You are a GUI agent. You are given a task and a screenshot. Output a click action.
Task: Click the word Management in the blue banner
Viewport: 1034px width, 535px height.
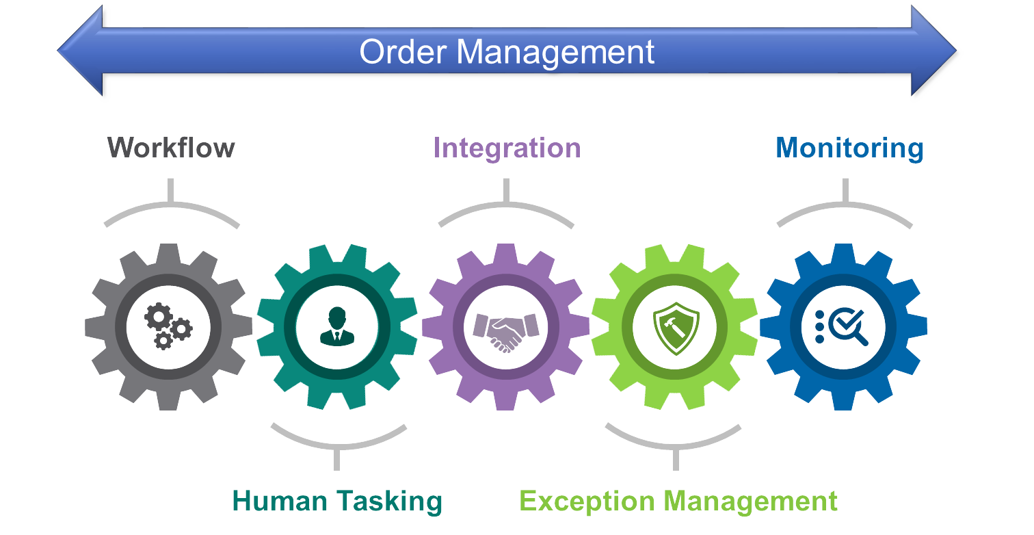tap(556, 53)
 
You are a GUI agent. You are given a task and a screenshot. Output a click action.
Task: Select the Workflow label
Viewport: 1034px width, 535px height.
tap(171, 148)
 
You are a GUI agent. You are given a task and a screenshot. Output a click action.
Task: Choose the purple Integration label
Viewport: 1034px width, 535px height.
tap(507, 148)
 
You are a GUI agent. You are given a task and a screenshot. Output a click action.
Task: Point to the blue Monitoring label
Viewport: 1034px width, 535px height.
tap(849, 148)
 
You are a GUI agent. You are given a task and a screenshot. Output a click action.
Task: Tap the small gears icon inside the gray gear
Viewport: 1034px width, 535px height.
tap(168, 326)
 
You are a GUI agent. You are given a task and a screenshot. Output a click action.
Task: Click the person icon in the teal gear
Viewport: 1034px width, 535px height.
tap(337, 326)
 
